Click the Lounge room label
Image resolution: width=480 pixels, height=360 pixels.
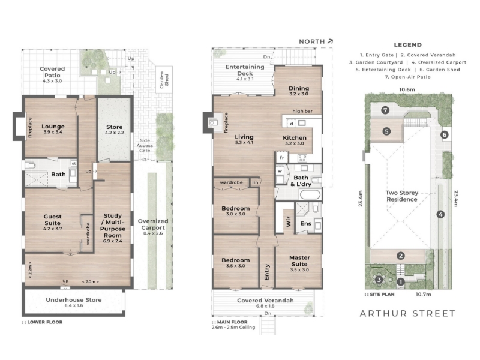pos(53,127)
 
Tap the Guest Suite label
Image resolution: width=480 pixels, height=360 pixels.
pos(52,220)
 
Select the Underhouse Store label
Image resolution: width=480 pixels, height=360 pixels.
pos(74,299)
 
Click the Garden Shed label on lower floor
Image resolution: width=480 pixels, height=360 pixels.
pos(164,80)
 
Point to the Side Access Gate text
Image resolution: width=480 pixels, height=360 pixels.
pos(145,145)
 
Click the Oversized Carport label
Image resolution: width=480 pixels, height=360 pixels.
pos(153,224)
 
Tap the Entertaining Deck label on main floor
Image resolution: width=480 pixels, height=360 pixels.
pos(245,70)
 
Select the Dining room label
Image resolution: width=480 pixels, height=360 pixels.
pos(299,88)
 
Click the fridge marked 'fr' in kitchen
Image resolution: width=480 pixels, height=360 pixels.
pos(282,157)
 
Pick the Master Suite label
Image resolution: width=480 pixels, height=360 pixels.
pos(299,261)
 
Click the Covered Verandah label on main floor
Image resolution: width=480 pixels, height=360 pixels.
pos(265,301)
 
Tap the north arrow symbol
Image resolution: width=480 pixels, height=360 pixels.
pos(330,41)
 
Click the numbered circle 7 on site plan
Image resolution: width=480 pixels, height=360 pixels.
pos(385,110)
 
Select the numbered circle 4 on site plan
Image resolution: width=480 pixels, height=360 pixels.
pos(440,214)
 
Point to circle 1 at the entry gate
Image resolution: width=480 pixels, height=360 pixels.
pos(401,281)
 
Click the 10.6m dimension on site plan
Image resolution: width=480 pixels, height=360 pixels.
pos(407,89)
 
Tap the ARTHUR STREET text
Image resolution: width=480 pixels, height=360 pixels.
pos(407,313)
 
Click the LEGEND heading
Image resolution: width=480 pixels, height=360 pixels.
pos(408,44)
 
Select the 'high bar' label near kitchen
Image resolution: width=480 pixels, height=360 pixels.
pos(302,111)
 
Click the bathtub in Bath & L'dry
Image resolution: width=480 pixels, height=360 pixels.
pos(310,194)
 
